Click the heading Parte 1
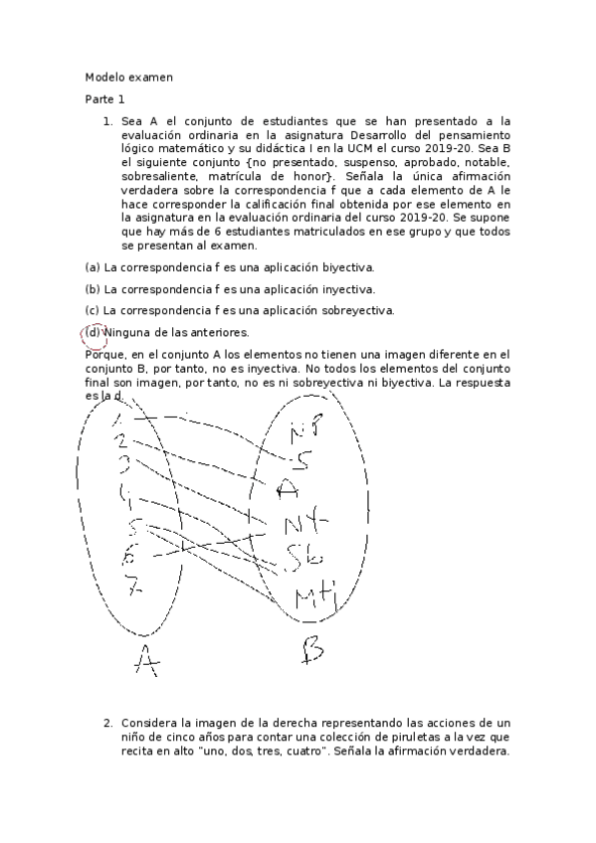point(104,99)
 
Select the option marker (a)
point(93,267)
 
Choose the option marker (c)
point(93,310)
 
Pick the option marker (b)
point(93,289)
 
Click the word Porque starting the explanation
point(104,354)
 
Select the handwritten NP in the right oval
point(304,431)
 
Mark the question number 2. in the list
point(108,722)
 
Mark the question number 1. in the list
point(108,120)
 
